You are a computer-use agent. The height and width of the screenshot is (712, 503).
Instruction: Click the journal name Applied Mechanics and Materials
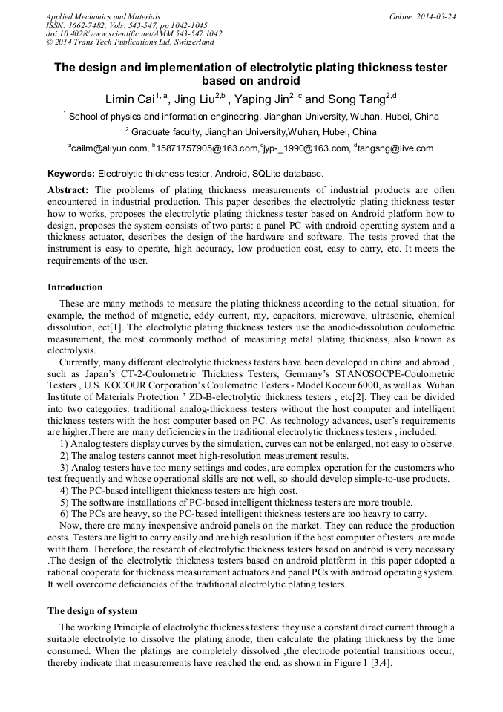pos(103,16)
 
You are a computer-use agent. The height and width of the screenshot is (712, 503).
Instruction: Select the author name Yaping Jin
pos(262,99)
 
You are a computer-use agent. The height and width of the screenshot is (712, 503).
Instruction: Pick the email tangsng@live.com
pos(396,148)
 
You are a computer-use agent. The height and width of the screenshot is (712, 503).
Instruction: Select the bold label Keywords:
pos(71,173)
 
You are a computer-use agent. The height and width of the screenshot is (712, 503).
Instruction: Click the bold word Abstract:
pos(68,189)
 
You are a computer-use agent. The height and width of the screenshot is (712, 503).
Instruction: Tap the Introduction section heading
pos(75,287)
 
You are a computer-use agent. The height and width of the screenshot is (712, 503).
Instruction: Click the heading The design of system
pos(92,611)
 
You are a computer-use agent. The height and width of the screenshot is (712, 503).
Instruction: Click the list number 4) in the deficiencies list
pos(65,491)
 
